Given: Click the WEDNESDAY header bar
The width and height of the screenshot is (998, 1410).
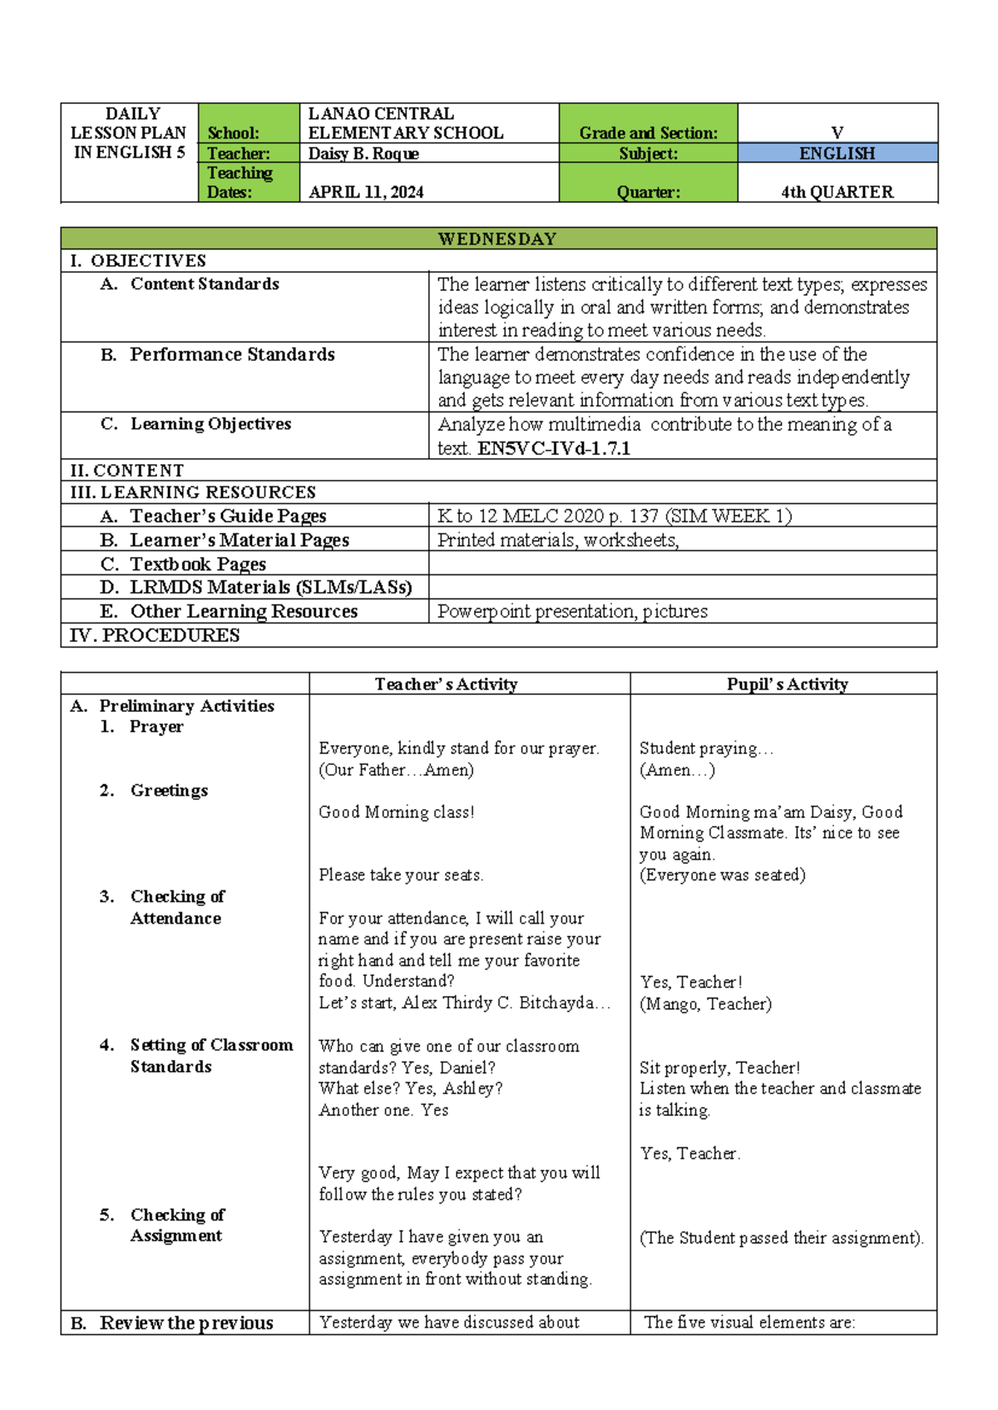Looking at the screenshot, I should point(497,239).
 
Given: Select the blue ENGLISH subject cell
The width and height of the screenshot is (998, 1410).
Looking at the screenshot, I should point(837,153).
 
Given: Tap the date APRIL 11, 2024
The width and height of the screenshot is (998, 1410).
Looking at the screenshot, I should point(366,192).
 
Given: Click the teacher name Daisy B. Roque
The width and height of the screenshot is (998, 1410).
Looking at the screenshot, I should point(363,153).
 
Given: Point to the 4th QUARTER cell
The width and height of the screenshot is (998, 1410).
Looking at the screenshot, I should point(837,192).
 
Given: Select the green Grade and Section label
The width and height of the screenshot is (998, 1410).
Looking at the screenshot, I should point(648,133).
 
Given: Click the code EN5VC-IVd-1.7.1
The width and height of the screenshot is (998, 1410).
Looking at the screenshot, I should point(553,449).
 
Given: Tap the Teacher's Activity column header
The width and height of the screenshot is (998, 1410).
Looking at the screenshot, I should point(446,684).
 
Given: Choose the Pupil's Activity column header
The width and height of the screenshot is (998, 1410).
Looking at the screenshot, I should point(787,684).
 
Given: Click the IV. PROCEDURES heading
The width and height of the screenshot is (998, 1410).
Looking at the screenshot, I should point(155,635).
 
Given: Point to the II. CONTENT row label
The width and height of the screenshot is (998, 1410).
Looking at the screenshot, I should point(127,471).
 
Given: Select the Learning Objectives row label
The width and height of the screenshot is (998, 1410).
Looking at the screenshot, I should point(210,424).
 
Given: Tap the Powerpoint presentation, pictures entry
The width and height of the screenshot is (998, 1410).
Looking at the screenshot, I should point(572,612).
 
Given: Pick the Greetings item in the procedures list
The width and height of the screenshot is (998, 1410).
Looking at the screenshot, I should point(169,791).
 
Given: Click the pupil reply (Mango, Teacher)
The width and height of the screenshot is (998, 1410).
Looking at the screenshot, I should point(705,1003).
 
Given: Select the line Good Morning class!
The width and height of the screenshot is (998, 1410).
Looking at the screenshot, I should point(396,812).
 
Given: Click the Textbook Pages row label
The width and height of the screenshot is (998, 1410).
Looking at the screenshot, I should point(198,564).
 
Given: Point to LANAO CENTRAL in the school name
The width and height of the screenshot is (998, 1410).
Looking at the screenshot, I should point(381,114).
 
